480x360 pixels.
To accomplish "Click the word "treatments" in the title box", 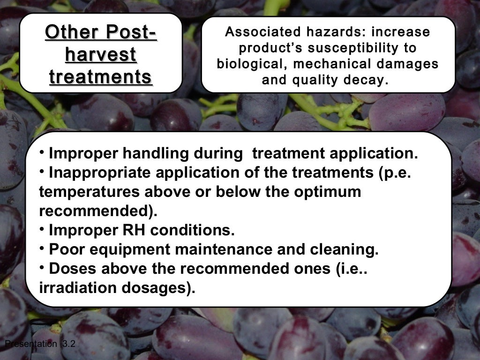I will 101,77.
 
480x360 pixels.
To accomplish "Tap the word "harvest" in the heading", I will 101,55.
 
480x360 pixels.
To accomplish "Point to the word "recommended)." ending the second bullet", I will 97,211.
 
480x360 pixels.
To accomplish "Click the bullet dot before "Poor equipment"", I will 42,247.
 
